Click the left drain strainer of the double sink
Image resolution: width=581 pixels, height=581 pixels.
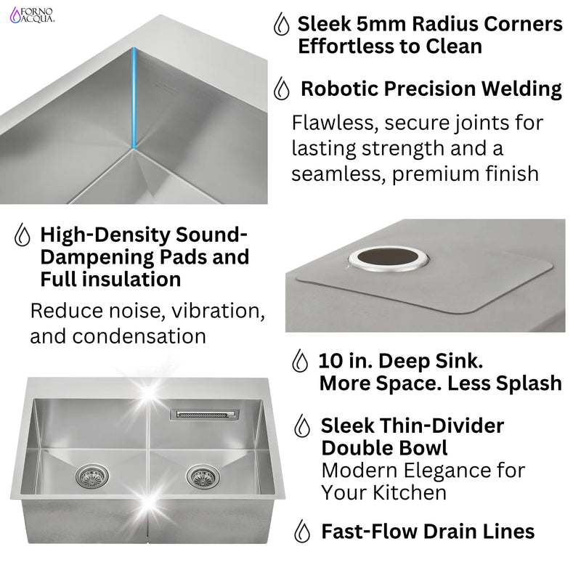click(x=92, y=476)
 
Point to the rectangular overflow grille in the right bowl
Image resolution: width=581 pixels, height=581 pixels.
click(x=204, y=415)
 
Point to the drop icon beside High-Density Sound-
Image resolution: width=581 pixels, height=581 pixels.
click(x=23, y=235)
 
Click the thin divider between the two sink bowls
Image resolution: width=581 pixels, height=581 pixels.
click(x=149, y=465)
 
